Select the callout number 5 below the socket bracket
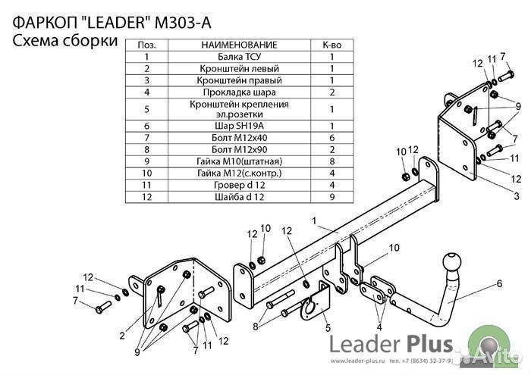click(x=328, y=328)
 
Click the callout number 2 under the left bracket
click(x=121, y=334)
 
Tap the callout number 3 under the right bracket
click(x=507, y=195)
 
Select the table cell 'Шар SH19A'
click(x=240, y=126)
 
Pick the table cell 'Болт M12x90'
click(x=240, y=149)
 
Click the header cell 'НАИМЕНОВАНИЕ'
click(x=240, y=45)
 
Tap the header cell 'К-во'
click(x=332, y=45)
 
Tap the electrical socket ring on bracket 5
click(x=309, y=307)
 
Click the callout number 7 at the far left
click(x=75, y=301)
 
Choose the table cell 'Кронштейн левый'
click(x=240, y=68)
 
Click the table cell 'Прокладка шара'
click(x=240, y=92)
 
